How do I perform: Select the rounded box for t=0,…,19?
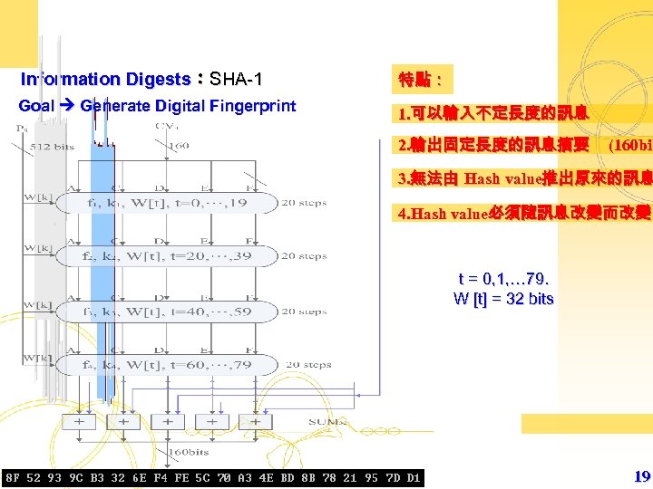pos(168,204)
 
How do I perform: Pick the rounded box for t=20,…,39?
pos(168,257)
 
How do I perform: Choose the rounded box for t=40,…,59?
pos(168,312)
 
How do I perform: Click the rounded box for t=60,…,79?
pos(168,365)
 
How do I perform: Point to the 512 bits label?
pos(53,146)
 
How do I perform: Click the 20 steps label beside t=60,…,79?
pos(305,365)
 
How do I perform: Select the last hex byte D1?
pos(413,477)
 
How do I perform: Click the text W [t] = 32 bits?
pos(503,299)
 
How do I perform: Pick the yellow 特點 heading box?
pos(420,80)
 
